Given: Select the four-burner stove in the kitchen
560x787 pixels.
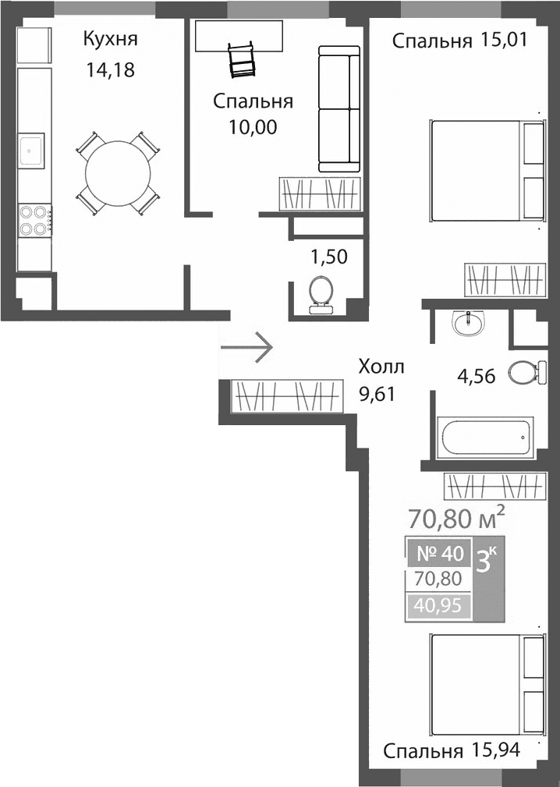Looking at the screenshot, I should click(34, 219).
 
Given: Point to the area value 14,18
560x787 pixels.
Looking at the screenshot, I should click(112, 71).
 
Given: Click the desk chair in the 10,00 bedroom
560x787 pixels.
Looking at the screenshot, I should click(241, 59).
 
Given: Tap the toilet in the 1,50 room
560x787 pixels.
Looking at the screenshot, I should click(320, 295).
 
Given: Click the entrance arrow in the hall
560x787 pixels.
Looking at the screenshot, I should click(247, 345).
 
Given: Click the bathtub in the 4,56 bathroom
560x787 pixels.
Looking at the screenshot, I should click(485, 438).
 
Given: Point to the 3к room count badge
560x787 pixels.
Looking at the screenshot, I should click(489, 560).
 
